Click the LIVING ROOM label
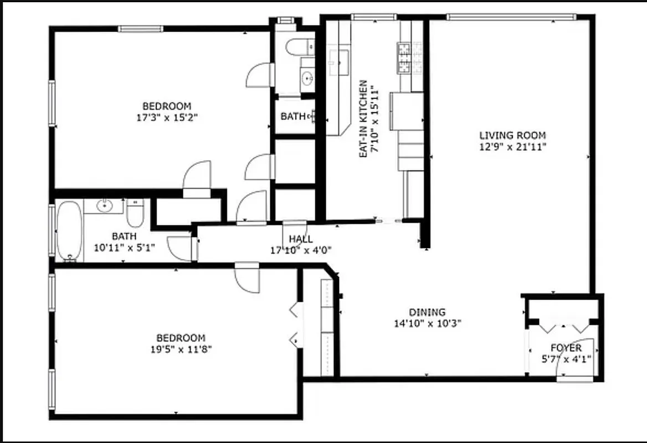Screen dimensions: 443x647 pos(512,135)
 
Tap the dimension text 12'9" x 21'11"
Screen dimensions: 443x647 pos(512,147)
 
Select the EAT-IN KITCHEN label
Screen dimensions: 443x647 pos(363,119)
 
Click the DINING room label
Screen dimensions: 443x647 pos(427,312)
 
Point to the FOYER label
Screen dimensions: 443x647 pos(566,348)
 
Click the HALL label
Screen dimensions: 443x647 pos(301,239)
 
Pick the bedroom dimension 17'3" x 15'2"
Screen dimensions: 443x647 pos(167,117)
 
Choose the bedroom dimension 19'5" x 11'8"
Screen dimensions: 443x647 pos(181,349)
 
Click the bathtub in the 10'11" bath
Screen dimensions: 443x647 pos(69,231)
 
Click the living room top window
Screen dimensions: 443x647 pos(511,17)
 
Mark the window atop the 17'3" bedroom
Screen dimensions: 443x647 pos(140,29)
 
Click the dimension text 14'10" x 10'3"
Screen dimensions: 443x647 pos(427,323)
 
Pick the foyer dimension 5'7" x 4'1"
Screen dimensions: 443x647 pos(566,359)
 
